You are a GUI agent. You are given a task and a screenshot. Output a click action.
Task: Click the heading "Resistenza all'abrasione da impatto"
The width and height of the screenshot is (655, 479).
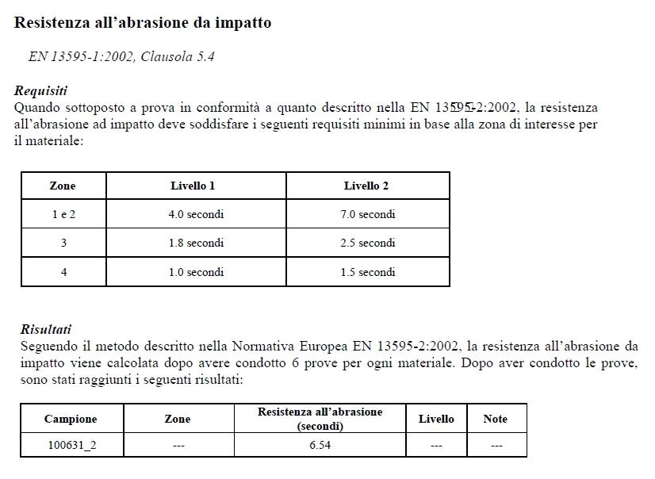[x=143, y=23]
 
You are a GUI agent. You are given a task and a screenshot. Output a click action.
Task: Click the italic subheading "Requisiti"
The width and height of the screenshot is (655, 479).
[x=40, y=90]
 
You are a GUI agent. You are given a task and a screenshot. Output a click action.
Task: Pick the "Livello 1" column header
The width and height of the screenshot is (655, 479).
[x=193, y=186]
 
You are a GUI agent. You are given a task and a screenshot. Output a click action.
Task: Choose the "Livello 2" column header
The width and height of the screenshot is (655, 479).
[x=366, y=186]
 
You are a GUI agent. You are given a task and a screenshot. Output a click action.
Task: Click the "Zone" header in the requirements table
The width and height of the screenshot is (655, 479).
[x=63, y=186]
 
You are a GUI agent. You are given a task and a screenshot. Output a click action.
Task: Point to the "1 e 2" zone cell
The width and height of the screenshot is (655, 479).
[x=63, y=214]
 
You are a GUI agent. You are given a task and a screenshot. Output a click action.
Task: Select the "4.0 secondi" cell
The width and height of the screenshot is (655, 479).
[x=196, y=214]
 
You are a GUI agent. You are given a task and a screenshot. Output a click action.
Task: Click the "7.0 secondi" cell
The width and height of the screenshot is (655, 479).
[x=367, y=214]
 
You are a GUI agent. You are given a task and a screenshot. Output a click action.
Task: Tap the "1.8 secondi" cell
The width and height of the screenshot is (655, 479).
[x=196, y=243]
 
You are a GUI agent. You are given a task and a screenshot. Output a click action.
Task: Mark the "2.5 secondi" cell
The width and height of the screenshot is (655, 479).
[x=367, y=243]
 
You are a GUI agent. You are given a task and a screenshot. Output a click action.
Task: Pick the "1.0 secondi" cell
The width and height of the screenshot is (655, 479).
[x=196, y=272]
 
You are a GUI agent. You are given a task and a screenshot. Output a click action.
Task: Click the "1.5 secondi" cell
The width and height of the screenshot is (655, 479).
[x=367, y=272]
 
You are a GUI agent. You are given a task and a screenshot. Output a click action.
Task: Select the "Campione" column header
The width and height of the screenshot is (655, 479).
[x=71, y=419]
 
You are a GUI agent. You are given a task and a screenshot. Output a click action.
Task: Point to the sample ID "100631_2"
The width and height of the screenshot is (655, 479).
[x=71, y=445]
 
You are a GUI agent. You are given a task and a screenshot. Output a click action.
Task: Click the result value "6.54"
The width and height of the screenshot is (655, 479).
[x=320, y=445]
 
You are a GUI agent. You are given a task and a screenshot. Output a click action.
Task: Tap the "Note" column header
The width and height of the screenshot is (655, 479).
[x=496, y=419]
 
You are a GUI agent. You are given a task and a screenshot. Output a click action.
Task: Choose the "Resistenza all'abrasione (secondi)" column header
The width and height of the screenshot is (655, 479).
[x=320, y=419]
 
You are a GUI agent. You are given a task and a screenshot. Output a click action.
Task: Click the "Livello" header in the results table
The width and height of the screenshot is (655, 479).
[x=436, y=419]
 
